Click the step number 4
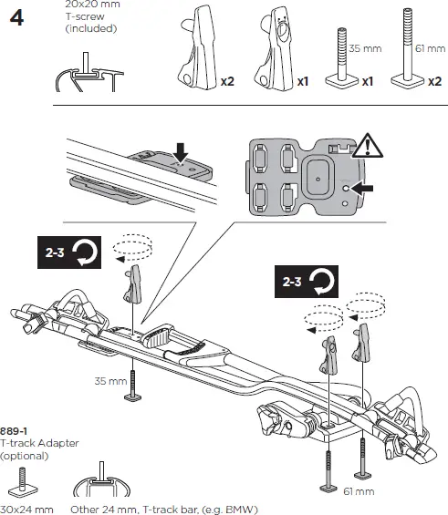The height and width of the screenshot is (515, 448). click(16, 17)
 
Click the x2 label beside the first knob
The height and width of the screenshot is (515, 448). click(227, 82)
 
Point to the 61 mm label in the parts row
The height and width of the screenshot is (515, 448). click(428, 47)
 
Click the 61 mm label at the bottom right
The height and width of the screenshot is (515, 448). click(359, 491)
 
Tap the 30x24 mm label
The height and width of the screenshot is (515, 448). click(26, 508)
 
